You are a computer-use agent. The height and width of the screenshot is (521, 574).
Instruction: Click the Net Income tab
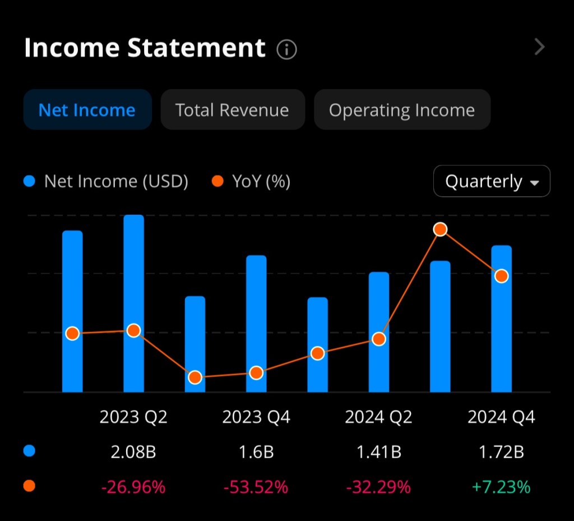[87, 110]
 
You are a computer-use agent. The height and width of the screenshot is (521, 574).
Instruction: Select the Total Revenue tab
[232, 110]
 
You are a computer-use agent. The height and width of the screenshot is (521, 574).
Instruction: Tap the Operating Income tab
[401, 110]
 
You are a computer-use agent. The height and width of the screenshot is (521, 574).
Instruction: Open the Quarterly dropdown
[492, 181]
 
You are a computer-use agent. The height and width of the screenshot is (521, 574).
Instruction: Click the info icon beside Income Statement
[286, 50]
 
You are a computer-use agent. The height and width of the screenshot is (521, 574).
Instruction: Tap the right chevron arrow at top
[539, 47]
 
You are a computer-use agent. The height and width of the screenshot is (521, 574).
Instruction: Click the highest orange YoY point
[440, 229]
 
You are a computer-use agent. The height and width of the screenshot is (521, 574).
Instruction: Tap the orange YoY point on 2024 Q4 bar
[502, 276]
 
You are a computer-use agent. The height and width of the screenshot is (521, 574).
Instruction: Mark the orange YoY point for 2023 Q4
[256, 373]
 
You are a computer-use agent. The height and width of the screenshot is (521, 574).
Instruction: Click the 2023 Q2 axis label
[133, 417]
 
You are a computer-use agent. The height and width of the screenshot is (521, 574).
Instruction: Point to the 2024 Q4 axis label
[501, 417]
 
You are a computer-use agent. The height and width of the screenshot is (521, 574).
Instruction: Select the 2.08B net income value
[133, 452]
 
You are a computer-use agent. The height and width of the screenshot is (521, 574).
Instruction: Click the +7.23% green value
[501, 487]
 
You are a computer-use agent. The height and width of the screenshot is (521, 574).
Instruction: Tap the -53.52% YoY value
[256, 487]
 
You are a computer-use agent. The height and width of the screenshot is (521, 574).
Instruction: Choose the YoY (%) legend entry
[251, 181]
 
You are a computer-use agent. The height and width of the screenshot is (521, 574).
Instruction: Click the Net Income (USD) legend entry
[107, 181]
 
